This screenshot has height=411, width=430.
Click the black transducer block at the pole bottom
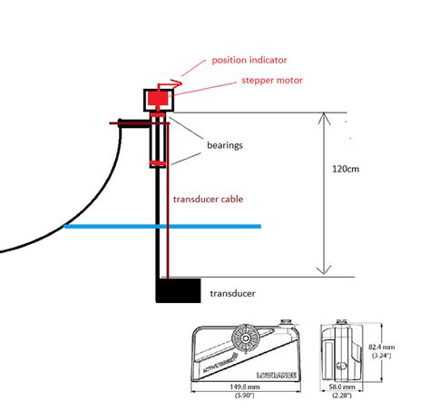tap(179, 290)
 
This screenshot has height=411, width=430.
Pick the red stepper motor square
tap(161, 99)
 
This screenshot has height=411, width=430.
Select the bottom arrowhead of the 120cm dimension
tap(320, 269)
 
